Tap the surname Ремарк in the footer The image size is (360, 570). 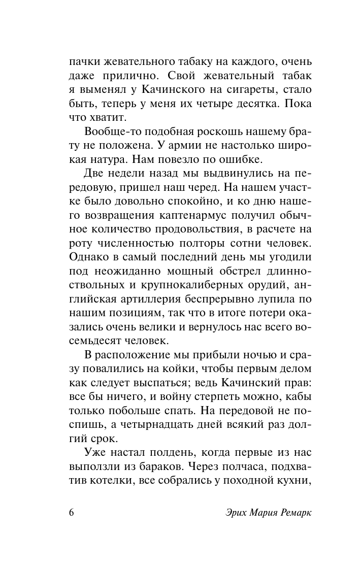point(292,512)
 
